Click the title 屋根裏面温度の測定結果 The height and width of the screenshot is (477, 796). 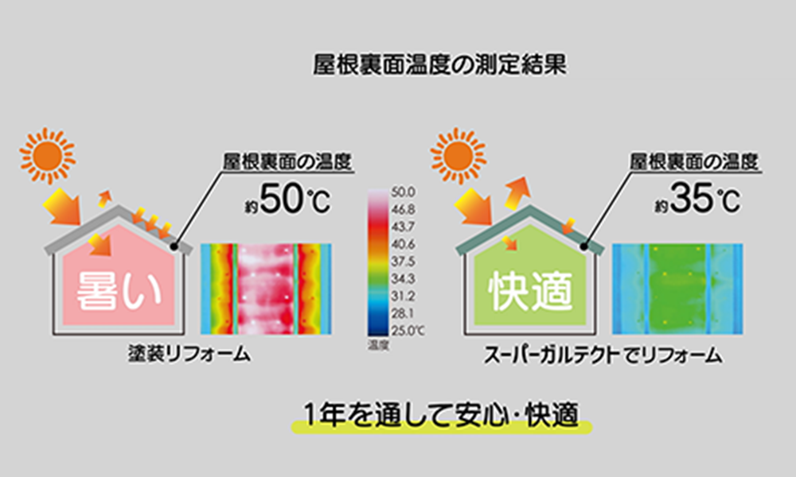point(439,65)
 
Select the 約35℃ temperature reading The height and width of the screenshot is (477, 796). point(697,200)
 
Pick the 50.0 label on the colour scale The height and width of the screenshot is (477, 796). point(403,192)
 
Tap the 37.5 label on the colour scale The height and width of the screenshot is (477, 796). point(403,262)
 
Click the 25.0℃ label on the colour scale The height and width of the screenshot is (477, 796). point(408,331)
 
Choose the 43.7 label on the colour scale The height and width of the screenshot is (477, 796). point(403,227)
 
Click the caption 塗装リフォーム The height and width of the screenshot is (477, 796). point(189,354)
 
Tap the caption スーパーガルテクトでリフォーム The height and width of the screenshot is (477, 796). point(603,355)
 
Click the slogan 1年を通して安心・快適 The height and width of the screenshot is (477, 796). point(441,416)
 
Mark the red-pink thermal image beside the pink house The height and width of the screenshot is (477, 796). point(266,289)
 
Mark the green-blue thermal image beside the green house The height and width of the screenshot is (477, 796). point(677,289)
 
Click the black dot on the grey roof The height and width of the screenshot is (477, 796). point(174,246)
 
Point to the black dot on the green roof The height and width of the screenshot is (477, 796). point(583,246)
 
